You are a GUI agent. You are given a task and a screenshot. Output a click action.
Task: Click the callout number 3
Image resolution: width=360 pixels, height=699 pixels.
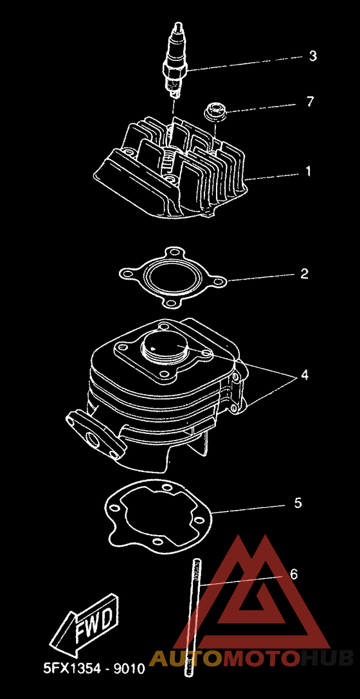(313, 56)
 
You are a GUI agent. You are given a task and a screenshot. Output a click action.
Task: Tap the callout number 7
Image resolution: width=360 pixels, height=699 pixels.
(310, 102)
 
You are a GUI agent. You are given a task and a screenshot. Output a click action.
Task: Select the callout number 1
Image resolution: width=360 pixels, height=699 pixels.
(307, 171)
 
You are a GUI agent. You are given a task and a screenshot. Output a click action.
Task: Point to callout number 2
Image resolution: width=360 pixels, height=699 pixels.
(304, 273)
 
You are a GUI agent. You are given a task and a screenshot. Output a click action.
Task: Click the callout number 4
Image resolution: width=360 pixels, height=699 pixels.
(304, 375)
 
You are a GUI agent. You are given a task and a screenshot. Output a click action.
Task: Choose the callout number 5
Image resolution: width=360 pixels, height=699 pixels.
(298, 503)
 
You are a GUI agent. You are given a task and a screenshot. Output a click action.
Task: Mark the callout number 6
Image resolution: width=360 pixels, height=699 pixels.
(294, 574)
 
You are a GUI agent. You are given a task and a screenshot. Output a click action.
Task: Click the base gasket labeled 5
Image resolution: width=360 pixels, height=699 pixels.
(159, 516)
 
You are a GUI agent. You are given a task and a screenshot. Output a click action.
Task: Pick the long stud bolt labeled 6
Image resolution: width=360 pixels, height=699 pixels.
(194, 628)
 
